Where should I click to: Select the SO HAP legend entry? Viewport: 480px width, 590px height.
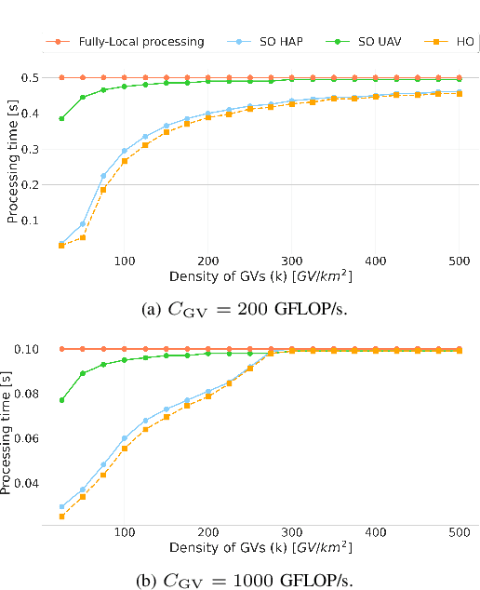coord(264,42)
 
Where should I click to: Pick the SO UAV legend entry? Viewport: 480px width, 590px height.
coord(354,42)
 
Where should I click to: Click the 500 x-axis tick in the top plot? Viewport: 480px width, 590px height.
coord(459,261)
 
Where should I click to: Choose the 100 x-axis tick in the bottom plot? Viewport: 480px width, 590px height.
coord(124,532)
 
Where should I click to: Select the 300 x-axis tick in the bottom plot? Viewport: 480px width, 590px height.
coord(291,532)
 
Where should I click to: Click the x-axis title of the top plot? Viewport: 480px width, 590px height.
coord(260,276)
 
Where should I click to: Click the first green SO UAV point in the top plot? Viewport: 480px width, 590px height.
coord(61,118)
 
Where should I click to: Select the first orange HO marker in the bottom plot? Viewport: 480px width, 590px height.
coord(61,516)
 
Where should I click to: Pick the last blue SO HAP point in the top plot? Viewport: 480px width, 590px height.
coord(459,92)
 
